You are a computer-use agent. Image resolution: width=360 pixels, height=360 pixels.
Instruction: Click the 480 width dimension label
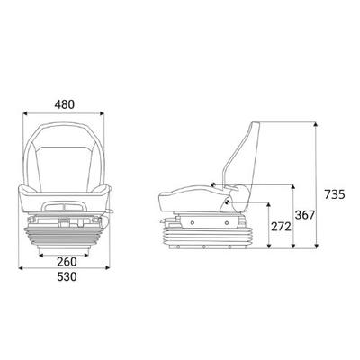(x=63, y=103)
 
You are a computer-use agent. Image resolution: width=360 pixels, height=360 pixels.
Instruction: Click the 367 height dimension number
(x=306, y=215)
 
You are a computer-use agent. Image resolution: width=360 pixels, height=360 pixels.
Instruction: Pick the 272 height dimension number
(x=280, y=227)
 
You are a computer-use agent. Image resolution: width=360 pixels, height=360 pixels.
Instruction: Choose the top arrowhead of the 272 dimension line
(x=268, y=204)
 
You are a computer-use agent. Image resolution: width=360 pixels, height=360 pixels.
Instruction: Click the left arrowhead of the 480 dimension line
(x=24, y=114)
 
